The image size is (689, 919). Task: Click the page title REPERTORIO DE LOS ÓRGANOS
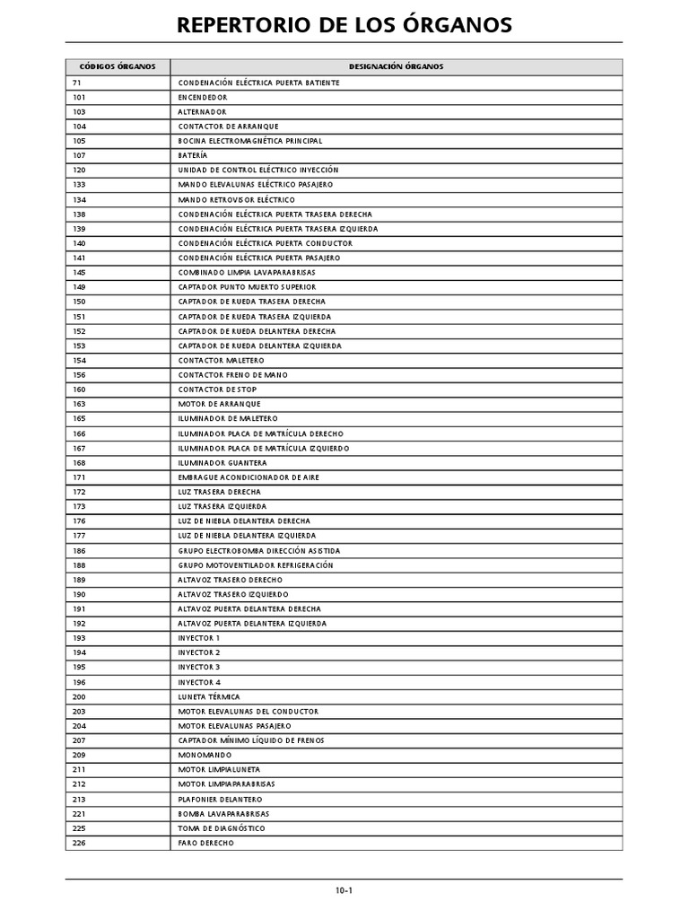pos(344,24)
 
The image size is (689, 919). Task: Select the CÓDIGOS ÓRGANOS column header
pos(118,67)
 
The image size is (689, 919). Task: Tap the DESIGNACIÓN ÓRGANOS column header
pos(396,67)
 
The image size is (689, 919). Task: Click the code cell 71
pos(77,83)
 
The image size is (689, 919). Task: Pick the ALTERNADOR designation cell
pos(202,112)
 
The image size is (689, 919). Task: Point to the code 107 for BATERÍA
pos(80,155)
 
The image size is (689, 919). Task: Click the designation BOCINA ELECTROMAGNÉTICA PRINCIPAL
pos(250,141)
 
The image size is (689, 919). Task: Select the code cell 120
pos(80,171)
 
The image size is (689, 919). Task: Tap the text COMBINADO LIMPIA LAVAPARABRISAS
pos(247,272)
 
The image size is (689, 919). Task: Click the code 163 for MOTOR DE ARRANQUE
pos(80,404)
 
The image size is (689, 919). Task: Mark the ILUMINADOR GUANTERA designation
pos(222,462)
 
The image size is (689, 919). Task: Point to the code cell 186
pos(80,550)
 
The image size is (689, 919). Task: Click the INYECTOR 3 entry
pos(199,667)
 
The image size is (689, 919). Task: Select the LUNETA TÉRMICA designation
pos(209,696)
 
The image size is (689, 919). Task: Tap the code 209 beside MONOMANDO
pos(80,755)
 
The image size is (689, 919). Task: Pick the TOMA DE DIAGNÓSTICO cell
pos(222,828)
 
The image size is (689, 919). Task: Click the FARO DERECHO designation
pos(206,843)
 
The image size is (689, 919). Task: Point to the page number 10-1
pos(344,891)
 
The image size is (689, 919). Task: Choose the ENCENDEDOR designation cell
pos(203,97)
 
